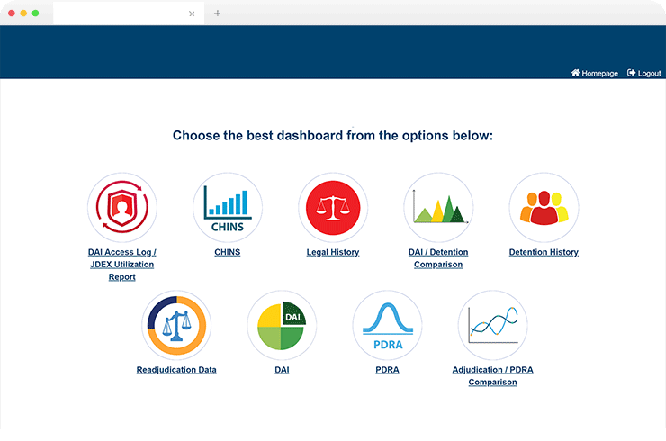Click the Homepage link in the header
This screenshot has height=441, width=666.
pos(595,73)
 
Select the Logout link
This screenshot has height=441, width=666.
pos(643,73)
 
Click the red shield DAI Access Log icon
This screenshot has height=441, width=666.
pos(122,207)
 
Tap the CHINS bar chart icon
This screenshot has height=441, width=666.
pos(228,207)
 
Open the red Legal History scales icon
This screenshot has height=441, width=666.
pos(333,207)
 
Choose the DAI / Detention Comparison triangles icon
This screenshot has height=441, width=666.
pos(438,207)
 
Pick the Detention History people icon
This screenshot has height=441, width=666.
pos(544,207)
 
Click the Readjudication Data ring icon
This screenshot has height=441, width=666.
pos(176,325)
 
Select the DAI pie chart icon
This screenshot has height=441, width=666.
pos(282,325)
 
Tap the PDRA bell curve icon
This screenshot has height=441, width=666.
pos(387,325)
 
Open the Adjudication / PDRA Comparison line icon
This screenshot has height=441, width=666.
pos(492,325)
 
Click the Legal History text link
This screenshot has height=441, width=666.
pos(333,252)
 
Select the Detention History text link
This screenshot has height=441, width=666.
pos(544,252)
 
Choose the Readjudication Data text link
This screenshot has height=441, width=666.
pos(176,370)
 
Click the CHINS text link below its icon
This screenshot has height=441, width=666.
pos(227,252)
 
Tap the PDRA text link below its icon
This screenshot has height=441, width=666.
pos(387,370)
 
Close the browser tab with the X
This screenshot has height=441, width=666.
pos(192,13)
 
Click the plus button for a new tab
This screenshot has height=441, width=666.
pos(218,13)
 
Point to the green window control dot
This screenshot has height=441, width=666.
pos(35,13)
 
